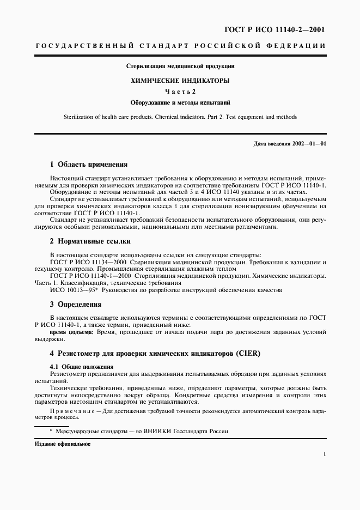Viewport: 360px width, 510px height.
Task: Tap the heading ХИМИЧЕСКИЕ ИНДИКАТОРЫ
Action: (180, 80)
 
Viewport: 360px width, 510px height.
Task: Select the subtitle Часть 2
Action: (180, 91)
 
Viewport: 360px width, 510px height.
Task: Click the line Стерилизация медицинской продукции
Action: (180, 66)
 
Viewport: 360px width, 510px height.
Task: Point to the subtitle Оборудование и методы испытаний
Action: (180, 102)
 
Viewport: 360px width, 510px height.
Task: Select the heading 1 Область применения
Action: (89, 164)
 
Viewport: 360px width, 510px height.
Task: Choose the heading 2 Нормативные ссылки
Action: (90, 241)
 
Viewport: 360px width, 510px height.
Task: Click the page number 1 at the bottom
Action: (325, 454)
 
